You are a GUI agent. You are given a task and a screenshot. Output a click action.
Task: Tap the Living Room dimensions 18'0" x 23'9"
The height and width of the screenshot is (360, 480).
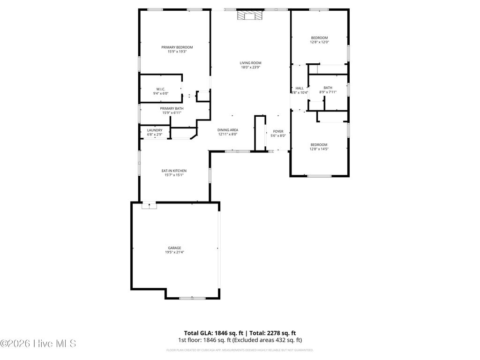click(250, 67)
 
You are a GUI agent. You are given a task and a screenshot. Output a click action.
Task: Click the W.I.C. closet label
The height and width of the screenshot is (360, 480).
click(160, 89)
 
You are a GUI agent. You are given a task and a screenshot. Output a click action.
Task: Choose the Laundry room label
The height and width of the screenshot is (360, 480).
click(154, 130)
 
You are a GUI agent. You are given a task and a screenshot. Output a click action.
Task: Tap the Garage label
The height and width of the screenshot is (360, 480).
click(174, 248)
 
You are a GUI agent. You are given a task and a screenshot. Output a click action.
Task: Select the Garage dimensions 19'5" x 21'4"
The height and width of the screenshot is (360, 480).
click(174, 253)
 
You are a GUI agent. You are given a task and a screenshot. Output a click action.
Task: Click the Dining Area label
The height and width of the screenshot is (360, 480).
click(228, 130)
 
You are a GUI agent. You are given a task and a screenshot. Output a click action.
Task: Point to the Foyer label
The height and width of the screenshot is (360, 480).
click(278, 131)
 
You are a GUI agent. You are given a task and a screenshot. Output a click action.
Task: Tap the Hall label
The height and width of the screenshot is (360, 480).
click(299, 88)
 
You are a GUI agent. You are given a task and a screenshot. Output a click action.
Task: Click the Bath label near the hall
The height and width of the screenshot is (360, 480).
click(328, 88)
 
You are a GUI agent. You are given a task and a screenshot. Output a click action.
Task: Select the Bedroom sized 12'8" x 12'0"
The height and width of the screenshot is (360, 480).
click(319, 40)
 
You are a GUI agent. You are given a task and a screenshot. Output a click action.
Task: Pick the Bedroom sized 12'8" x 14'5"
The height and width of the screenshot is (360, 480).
click(319, 147)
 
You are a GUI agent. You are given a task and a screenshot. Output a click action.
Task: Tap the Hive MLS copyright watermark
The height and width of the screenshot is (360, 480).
click(38, 344)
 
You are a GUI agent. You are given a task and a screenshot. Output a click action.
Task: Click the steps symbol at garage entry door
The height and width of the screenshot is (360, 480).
click(149, 205)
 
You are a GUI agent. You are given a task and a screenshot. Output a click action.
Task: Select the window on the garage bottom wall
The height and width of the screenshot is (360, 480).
click(192, 298)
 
